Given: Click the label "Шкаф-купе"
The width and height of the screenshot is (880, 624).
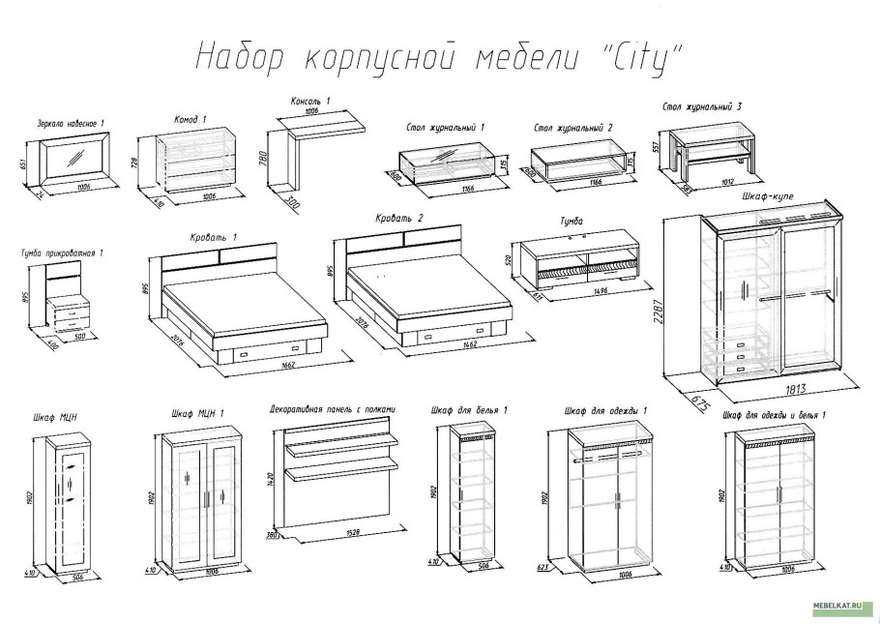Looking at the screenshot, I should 767,196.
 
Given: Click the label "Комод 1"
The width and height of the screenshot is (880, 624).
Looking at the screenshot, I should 191,119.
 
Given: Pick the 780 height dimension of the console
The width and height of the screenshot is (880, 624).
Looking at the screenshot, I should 264,157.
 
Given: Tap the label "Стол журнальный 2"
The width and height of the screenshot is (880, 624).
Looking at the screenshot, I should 573,128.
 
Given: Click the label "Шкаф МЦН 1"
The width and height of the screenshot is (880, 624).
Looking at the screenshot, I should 197,413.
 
